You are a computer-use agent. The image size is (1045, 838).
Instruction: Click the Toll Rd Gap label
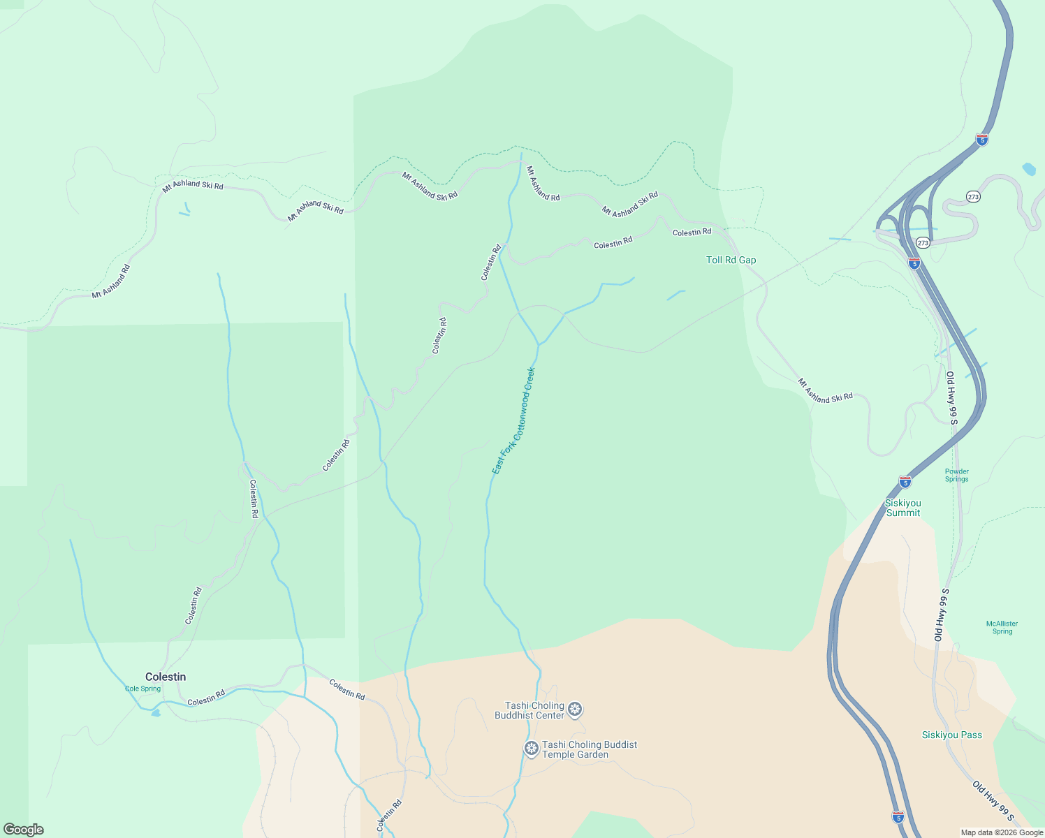(x=731, y=260)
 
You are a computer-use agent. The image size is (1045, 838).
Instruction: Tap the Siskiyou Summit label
(x=902, y=508)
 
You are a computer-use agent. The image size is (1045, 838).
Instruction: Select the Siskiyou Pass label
(x=951, y=735)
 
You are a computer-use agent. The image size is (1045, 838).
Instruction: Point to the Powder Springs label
(x=956, y=475)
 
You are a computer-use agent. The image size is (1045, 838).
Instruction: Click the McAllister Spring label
(x=1002, y=627)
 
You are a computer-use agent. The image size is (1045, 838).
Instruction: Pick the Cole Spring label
(x=142, y=689)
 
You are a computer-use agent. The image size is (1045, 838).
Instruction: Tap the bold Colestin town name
(x=166, y=677)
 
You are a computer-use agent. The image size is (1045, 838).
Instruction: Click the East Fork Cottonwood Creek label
(x=513, y=420)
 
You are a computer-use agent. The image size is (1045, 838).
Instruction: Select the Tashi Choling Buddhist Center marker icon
(x=575, y=710)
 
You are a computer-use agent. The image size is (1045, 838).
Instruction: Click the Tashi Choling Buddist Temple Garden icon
(x=532, y=749)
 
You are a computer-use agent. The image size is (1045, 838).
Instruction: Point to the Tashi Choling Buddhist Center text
(x=529, y=710)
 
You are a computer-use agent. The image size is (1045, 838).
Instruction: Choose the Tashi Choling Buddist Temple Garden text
(x=589, y=749)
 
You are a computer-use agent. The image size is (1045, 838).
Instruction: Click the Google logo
(x=23, y=830)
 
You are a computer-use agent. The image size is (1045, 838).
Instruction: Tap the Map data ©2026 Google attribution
(x=1002, y=832)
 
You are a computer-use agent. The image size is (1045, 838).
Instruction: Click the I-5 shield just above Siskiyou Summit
(x=905, y=482)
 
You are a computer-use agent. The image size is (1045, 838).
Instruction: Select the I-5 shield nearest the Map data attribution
(x=898, y=816)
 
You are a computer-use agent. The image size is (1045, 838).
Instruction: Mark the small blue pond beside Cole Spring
(x=155, y=713)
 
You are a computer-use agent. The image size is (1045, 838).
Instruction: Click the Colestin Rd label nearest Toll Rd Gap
(x=692, y=232)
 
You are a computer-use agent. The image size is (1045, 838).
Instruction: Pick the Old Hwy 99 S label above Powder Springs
(x=951, y=397)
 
